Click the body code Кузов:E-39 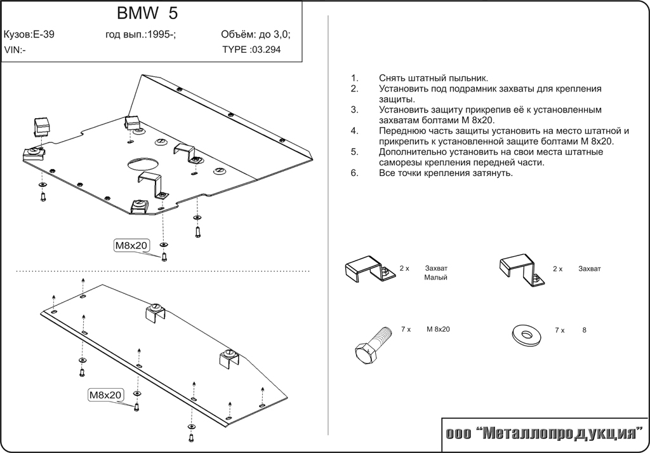29,35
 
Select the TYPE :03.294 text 251,50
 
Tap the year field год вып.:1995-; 140,35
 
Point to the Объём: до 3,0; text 256,35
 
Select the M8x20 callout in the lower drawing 105,395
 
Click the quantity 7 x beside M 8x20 407,329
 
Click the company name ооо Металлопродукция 543,435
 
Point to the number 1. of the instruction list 354,78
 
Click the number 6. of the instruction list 354,173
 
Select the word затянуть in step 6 490,173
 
